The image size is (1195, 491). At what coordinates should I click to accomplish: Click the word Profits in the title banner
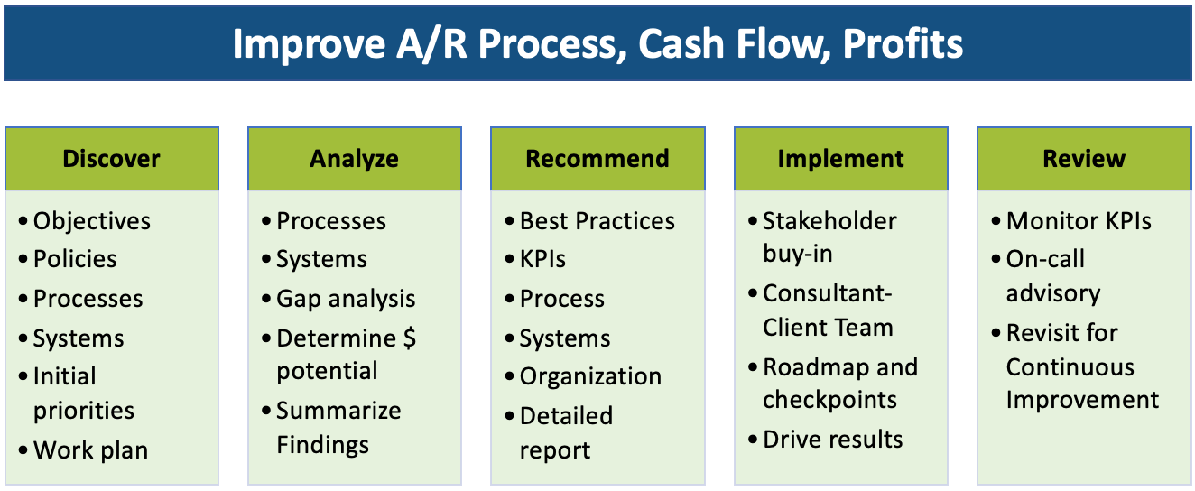[x=903, y=43]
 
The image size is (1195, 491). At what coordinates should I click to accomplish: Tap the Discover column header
[x=112, y=159]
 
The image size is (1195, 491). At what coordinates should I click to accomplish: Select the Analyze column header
[x=354, y=159]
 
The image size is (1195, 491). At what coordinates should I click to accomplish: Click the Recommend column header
[x=597, y=159]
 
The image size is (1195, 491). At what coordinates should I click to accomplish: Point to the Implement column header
[x=841, y=159]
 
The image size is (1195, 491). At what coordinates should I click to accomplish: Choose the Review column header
[x=1084, y=159]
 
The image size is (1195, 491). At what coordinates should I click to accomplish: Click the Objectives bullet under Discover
[x=92, y=221]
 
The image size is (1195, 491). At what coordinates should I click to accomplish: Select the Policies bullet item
[x=75, y=259]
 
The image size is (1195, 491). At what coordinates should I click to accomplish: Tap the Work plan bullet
[x=90, y=449]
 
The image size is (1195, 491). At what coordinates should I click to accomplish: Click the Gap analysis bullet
[x=346, y=299]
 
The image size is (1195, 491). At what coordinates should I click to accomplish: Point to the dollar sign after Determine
[x=409, y=338]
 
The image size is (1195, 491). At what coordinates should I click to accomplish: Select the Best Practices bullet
[x=597, y=221]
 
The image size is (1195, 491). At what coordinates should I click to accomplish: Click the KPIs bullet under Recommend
[x=542, y=259]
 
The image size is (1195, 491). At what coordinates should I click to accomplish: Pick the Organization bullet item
[x=590, y=376]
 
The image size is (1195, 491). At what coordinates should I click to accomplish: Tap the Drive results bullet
[x=833, y=440]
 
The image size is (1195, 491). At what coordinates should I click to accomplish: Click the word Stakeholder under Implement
[x=829, y=221]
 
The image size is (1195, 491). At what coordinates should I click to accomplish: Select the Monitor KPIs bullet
[x=1079, y=221]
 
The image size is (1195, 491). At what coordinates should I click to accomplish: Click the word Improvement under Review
[x=1082, y=400]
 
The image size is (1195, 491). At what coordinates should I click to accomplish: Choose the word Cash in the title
[x=681, y=43]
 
